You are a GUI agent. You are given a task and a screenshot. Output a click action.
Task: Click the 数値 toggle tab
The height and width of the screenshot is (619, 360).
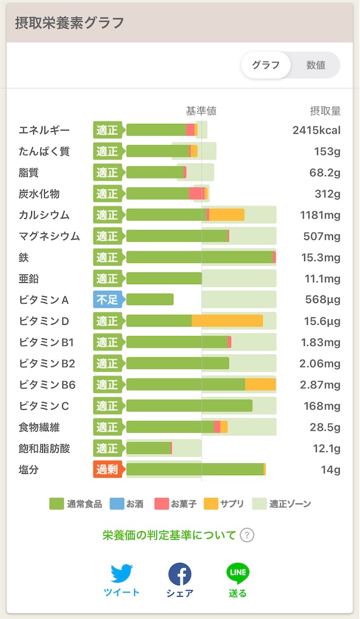click(x=315, y=65)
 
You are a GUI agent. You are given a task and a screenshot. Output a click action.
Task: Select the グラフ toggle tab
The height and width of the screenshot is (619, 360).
click(x=266, y=65)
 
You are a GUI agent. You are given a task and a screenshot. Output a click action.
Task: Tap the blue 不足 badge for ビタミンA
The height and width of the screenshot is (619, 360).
click(x=108, y=300)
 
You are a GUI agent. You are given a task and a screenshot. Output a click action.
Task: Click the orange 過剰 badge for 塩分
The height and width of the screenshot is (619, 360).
click(x=108, y=469)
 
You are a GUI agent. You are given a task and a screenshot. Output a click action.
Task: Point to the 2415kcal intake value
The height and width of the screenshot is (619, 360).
click(x=317, y=131)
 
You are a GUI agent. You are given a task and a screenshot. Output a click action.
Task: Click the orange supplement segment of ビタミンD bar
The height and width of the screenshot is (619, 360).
click(x=227, y=321)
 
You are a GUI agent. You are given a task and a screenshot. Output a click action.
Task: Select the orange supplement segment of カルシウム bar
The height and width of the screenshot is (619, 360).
click(x=227, y=215)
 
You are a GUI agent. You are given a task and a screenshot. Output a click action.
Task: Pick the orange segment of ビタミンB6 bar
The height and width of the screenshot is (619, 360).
click(x=260, y=384)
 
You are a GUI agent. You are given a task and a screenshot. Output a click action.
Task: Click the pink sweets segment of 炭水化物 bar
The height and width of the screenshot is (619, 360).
click(x=197, y=193)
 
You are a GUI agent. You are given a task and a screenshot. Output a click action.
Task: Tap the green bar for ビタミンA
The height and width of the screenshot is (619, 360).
click(x=150, y=300)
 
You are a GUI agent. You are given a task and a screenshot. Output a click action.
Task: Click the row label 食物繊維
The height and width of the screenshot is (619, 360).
click(x=39, y=427)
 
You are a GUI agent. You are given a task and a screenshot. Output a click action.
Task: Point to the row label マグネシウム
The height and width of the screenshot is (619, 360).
click(x=50, y=236)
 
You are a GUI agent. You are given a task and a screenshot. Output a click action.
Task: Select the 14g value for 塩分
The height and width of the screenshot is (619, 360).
click(x=330, y=470)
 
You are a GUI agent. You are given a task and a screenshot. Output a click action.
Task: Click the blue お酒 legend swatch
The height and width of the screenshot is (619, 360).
click(x=117, y=504)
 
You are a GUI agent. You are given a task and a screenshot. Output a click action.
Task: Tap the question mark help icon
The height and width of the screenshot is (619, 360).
click(x=247, y=536)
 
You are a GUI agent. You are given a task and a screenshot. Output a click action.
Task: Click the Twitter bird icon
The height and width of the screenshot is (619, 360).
click(x=121, y=573)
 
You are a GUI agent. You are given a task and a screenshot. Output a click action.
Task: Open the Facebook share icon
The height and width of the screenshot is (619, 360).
click(x=180, y=574)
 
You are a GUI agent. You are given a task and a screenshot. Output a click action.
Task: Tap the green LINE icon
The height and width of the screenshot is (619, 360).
click(x=238, y=574)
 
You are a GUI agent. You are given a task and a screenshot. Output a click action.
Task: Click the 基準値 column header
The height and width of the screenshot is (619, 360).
click(x=201, y=111)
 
